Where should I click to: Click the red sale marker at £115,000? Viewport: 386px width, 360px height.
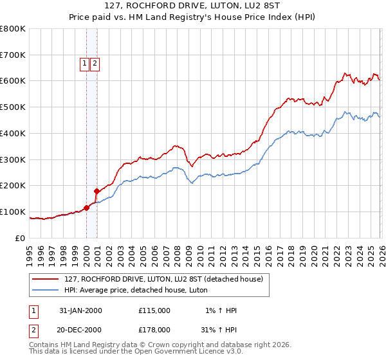coord(86,208)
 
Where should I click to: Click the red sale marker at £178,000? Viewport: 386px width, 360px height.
coord(96,191)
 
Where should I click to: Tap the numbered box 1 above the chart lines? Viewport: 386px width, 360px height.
coord(84,63)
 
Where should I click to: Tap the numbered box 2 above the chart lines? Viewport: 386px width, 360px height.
coord(95,63)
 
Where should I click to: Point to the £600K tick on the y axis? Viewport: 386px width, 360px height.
coord(13,81)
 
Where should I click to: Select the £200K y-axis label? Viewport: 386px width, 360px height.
coord(13,186)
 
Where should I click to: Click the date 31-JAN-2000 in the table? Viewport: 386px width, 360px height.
coord(80,310)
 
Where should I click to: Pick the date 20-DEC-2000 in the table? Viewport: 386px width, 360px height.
coord(80,329)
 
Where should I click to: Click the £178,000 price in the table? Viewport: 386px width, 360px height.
coord(154,329)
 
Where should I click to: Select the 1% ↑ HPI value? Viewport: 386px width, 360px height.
coord(221,310)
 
